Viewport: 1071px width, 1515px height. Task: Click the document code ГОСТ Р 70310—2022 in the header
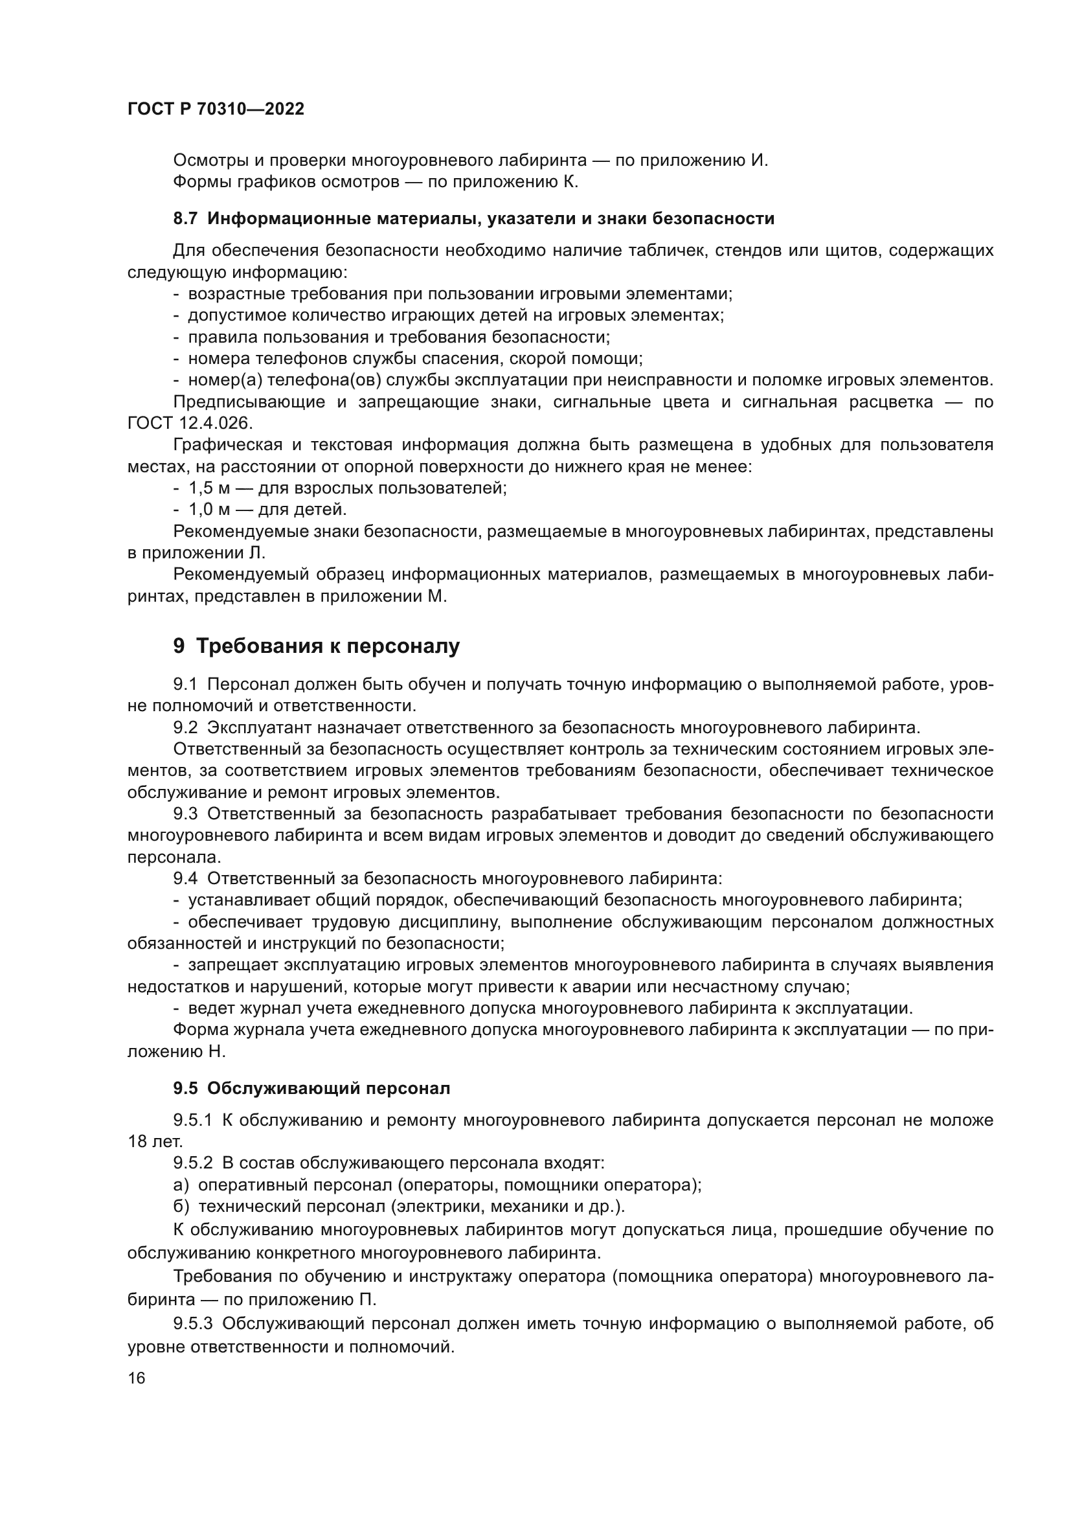pyautogui.click(x=216, y=109)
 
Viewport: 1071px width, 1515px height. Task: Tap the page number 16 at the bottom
pyautogui.click(x=137, y=1378)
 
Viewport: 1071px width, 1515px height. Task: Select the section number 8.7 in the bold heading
pyautogui.click(x=185, y=219)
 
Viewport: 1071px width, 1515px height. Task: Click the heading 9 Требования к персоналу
pyautogui.click(x=317, y=646)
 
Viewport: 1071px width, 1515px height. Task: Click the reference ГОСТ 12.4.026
pyautogui.click(x=190, y=424)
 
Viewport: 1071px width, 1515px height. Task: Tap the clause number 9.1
pyautogui.click(x=185, y=684)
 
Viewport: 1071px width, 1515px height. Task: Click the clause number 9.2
pyautogui.click(x=185, y=728)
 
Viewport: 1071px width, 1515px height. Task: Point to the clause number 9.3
pyautogui.click(x=185, y=814)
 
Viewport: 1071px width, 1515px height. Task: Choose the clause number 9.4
pyautogui.click(x=185, y=879)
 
